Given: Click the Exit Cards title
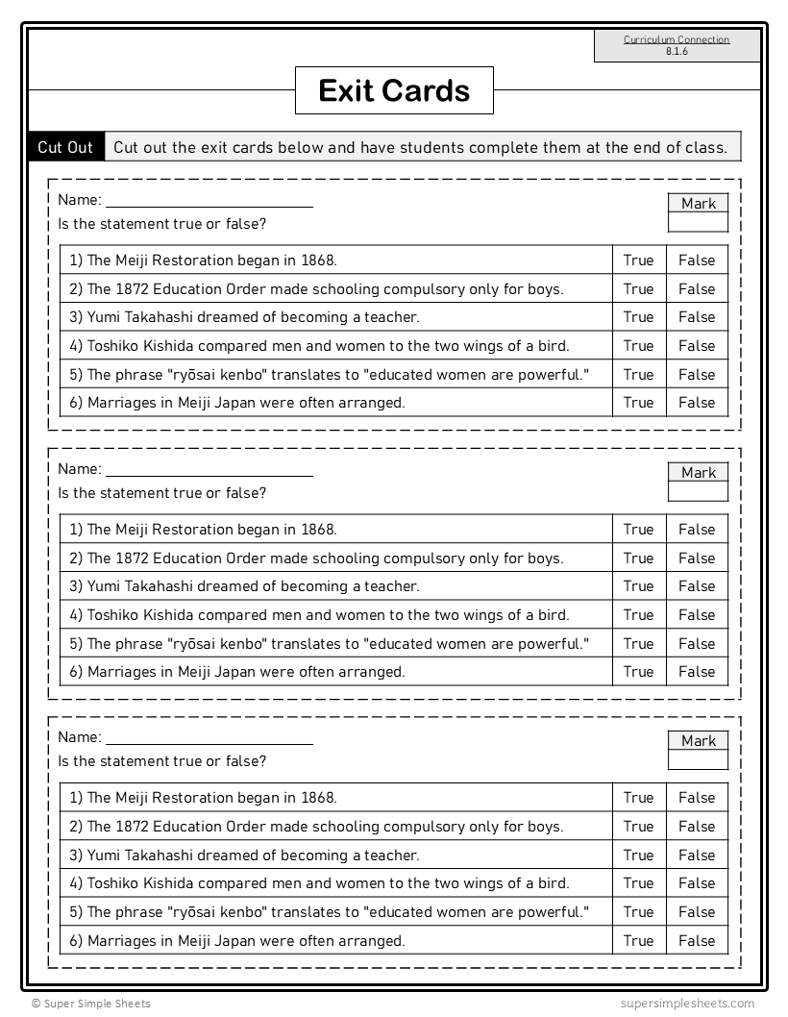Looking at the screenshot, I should point(394,90).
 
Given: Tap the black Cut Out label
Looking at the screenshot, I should point(65,147).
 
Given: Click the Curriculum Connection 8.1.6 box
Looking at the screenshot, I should point(677,45).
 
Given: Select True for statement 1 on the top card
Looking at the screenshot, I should point(638,260).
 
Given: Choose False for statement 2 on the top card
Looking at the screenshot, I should point(697,288).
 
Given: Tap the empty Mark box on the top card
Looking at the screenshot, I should point(698,222).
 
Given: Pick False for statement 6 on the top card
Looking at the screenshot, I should point(697,402).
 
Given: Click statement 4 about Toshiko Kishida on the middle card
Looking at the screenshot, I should point(328,614).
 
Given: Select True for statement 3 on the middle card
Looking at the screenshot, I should point(638,585).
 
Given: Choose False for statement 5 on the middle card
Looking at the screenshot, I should point(697,643).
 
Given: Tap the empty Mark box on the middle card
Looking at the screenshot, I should point(698,491).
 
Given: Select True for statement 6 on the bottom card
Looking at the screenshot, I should point(638,940).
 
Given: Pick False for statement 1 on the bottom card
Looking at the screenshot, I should point(697,797).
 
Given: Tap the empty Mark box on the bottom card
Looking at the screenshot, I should point(698,759).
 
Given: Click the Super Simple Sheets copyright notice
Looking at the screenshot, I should point(90,1004).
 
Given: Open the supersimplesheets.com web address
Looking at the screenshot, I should point(688,1004).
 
